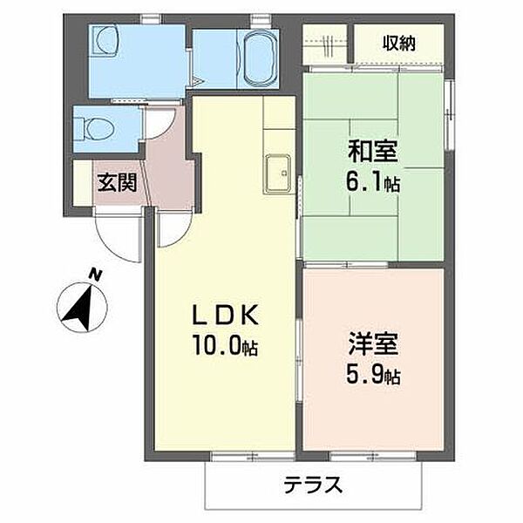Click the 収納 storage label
(x=398, y=44)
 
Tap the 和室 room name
(x=374, y=152)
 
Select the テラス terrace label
(x=312, y=485)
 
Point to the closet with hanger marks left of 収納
(x=327, y=44)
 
